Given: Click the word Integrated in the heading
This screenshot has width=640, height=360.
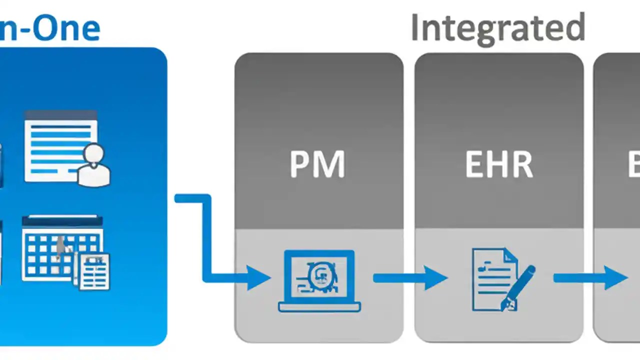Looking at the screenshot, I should [497, 28].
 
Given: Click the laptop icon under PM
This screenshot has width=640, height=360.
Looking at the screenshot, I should [319, 280].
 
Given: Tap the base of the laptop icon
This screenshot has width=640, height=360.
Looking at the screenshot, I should [319, 306].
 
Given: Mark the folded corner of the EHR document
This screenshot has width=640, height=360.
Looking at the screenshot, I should [509, 255].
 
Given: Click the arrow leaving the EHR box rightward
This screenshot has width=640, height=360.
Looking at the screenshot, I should [590, 278].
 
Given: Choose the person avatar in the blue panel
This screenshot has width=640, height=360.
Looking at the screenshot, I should [93, 165].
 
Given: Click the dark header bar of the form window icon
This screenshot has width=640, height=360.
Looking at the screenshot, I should [60, 115].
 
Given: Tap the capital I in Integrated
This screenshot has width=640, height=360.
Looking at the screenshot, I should [415, 28].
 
